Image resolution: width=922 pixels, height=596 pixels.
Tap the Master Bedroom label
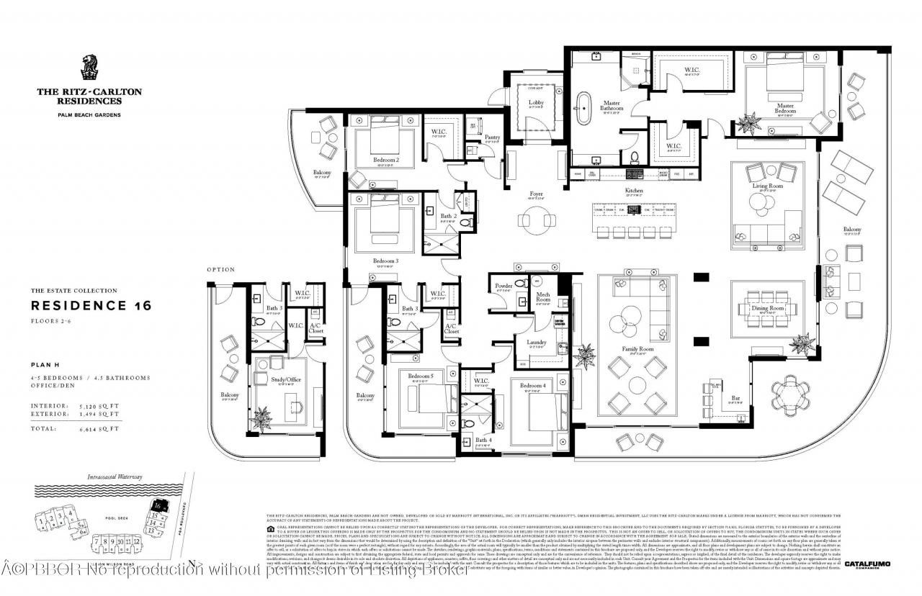784,109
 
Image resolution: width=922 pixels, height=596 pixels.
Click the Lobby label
537,103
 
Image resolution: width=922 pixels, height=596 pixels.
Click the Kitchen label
634,191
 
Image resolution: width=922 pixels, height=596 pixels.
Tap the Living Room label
767,186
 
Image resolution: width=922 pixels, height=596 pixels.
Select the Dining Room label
768,308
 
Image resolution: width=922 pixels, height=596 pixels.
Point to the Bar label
735,397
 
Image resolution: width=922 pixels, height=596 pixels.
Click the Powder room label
503,286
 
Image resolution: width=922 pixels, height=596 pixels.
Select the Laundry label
537,343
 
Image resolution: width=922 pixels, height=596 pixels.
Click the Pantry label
492,137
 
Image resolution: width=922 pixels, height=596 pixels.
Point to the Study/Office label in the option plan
282,379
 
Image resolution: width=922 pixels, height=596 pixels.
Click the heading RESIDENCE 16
91,305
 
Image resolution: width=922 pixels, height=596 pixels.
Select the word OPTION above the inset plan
221,270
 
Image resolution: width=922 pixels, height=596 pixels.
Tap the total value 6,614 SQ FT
103,428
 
